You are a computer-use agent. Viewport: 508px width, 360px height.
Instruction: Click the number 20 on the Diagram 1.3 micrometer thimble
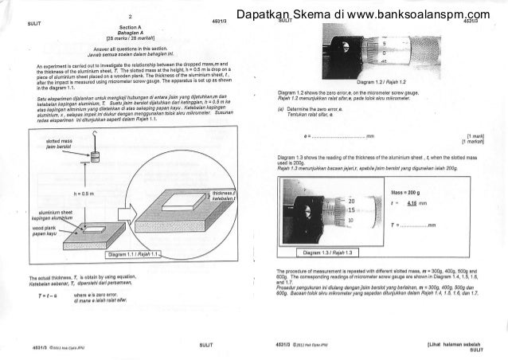pyautogui.click(x=350, y=201)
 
